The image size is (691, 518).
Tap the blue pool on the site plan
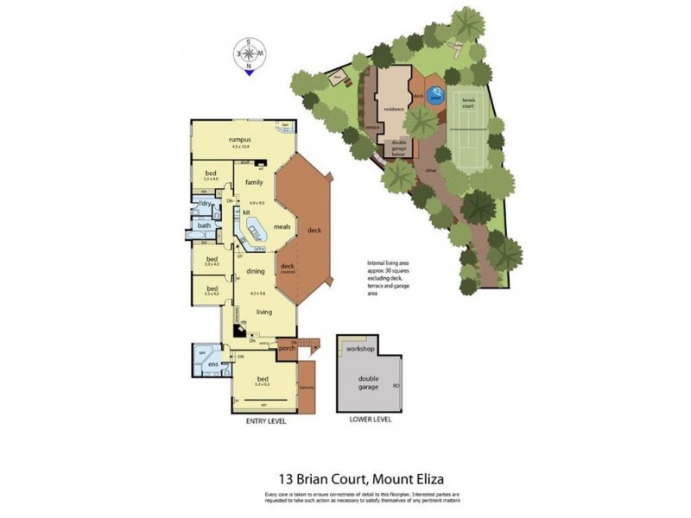437,96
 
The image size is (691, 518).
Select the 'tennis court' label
469,100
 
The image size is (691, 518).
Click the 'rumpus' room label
240,140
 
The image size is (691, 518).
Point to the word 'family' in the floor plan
253,182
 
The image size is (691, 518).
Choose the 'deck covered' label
288,268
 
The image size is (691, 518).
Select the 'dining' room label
255,271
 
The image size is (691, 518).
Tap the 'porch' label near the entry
287,348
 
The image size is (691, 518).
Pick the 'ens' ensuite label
212,365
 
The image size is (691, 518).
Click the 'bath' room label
204,225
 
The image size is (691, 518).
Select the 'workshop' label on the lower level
360,348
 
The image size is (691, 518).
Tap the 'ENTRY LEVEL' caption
259,420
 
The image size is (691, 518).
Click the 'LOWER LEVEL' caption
370,420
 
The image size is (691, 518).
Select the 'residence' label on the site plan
394,111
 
